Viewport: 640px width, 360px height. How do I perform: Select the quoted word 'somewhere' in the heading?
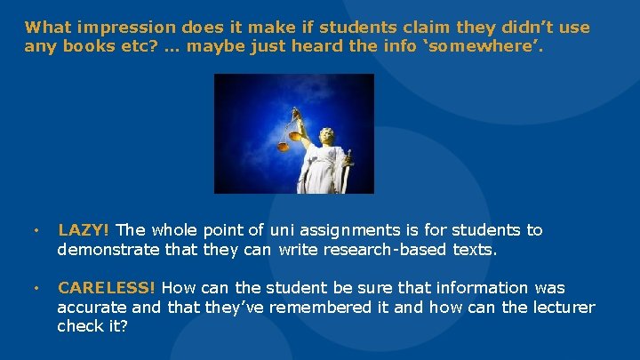click(499, 45)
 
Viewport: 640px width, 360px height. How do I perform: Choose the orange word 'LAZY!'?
click(84, 230)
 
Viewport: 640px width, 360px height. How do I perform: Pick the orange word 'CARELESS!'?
click(107, 288)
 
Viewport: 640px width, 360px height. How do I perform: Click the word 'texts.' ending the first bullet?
click(476, 250)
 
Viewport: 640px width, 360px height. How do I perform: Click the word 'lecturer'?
click(563, 308)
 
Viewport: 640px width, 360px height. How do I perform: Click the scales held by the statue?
click(292, 133)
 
